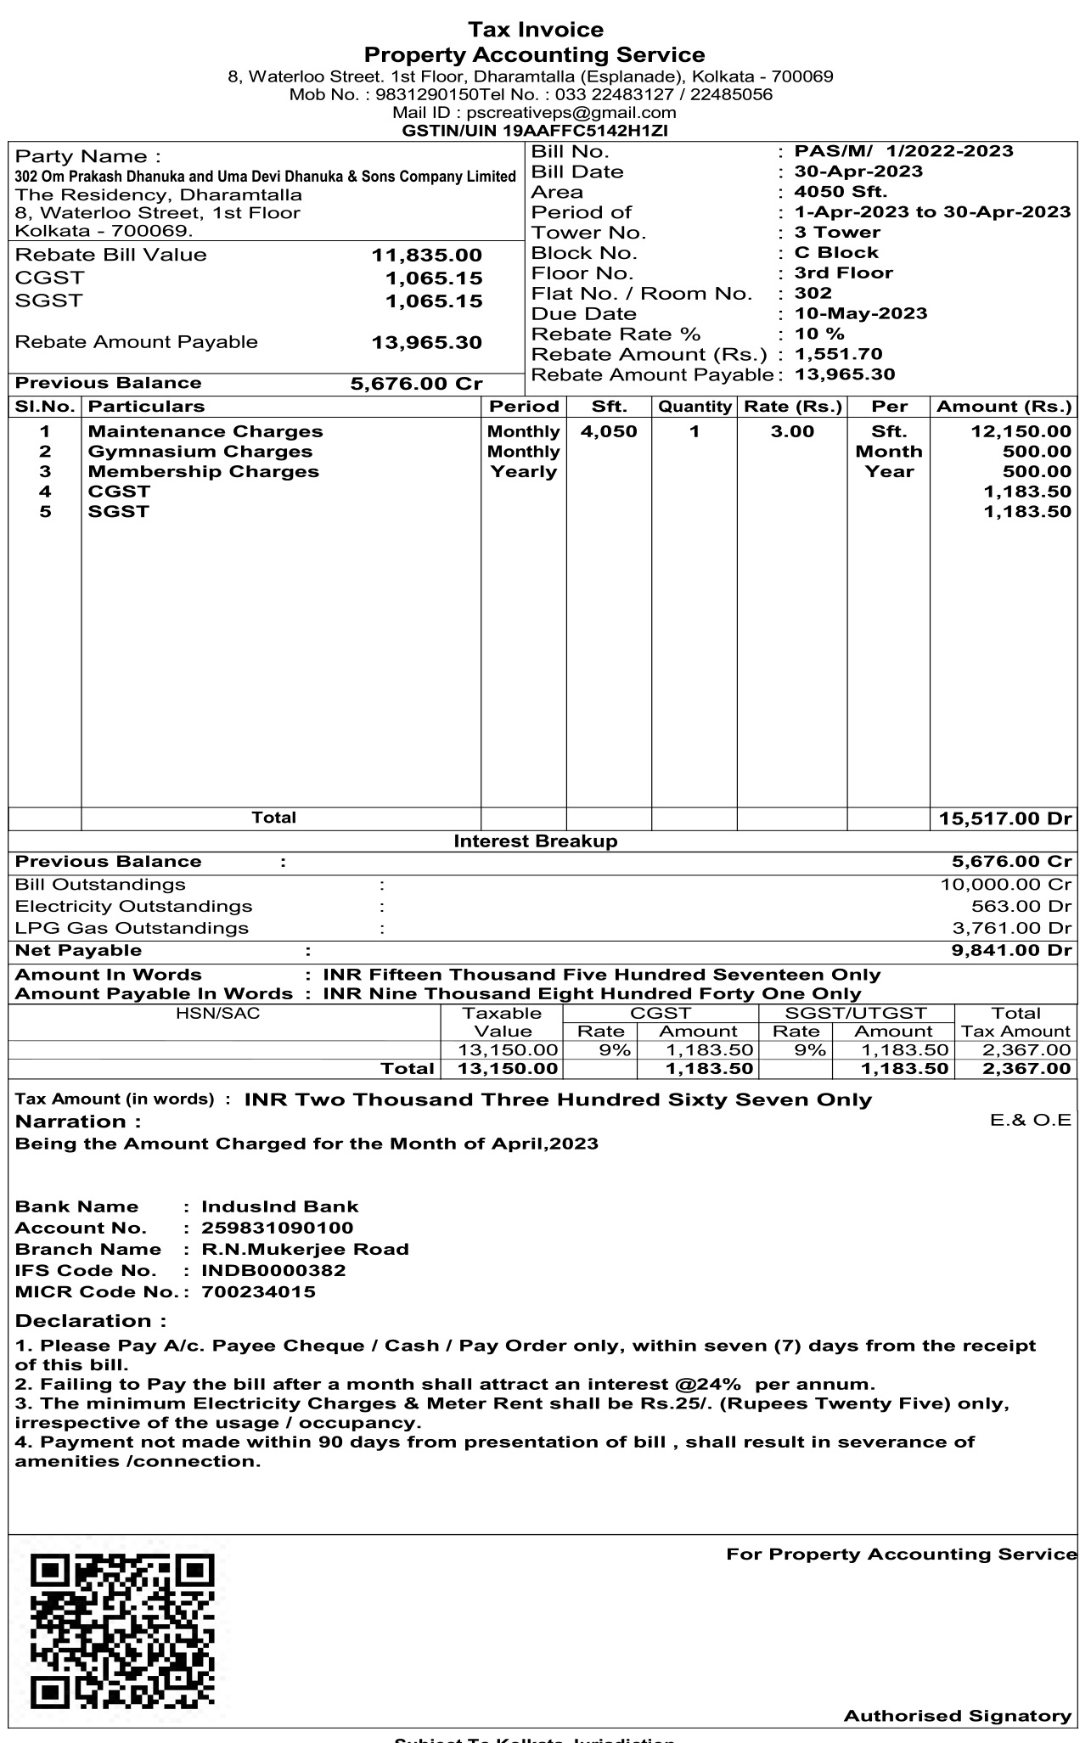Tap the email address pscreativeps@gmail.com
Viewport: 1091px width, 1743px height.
tap(571, 112)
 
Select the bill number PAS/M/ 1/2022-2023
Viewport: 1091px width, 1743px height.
tap(903, 151)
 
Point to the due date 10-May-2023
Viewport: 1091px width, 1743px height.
tap(860, 313)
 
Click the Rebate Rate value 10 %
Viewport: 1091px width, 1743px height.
tap(819, 334)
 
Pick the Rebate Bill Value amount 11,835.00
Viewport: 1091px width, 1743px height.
tap(426, 255)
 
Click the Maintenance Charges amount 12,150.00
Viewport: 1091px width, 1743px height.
tap(1021, 431)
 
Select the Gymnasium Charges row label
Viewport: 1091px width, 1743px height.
tap(200, 452)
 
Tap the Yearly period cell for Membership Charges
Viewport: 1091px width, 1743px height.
tap(523, 471)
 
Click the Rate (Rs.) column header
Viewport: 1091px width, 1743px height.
tap(792, 407)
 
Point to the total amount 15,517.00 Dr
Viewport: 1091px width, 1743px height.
tap(1005, 818)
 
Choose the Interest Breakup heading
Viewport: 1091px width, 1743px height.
tap(536, 841)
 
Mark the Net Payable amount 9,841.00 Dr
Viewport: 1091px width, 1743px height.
tap(1011, 950)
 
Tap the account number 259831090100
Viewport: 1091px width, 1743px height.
tap(277, 1228)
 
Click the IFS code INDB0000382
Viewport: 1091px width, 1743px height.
tap(273, 1270)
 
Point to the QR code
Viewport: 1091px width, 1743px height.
tap(122, 1630)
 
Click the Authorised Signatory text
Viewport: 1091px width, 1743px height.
tap(957, 1716)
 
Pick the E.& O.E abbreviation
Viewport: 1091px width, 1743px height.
tap(1031, 1120)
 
